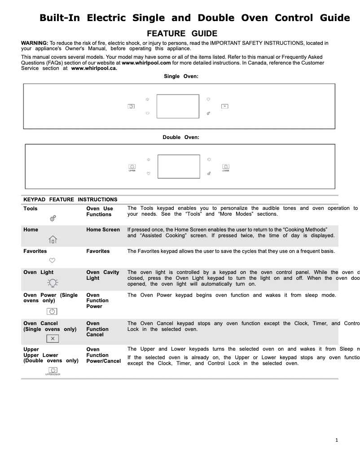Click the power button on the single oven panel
pyautogui.click(x=131, y=106)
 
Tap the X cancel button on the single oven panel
pyautogui.click(x=225, y=106)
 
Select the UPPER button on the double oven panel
pyautogui.click(x=132, y=166)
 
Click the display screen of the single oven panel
pyautogui.click(x=178, y=106)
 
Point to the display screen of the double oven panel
pyautogui.click(x=179, y=166)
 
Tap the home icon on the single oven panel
pyautogui.click(x=147, y=99)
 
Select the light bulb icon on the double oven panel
pyautogui.click(x=209, y=159)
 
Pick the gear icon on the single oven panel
pyautogui.click(x=209, y=113)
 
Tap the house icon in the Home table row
pyautogui.click(x=53, y=239)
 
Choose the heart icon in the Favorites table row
pyautogui.click(x=52, y=260)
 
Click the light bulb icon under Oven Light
pyautogui.click(x=53, y=282)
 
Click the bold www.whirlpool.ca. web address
pyautogui.click(x=91, y=69)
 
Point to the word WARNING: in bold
pyautogui.click(x=35, y=43)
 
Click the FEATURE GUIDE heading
pyautogui.click(x=182, y=34)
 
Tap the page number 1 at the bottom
pyautogui.click(x=337, y=440)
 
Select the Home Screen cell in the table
pyautogui.click(x=103, y=230)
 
